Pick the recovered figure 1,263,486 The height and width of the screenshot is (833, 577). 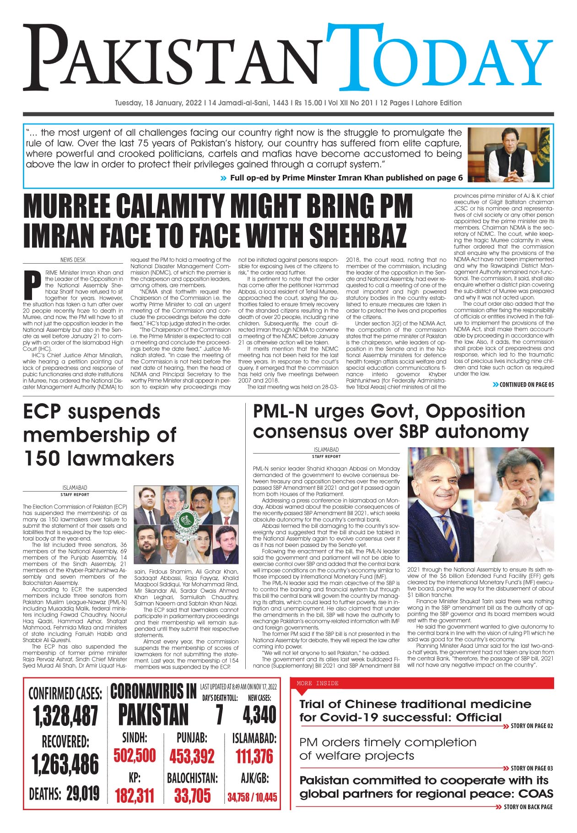click(x=65, y=764)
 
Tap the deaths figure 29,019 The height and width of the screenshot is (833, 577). click(x=83, y=794)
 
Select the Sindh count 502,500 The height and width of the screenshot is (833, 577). click(x=135, y=755)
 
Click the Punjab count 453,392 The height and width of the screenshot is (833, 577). click(x=192, y=756)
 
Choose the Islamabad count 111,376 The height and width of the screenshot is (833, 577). click(x=254, y=756)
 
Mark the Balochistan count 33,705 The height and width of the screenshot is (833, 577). click(x=192, y=796)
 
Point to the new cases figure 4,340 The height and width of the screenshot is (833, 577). click(x=259, y=715)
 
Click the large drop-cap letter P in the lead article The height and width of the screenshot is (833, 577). click(x=32, y=285)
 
